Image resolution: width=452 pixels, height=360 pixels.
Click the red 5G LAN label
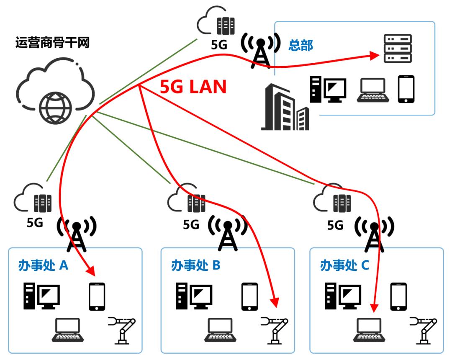click(193, 87)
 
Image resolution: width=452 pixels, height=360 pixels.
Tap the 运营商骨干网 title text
click(52, 43)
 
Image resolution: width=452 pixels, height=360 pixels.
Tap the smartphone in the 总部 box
click(406, 89)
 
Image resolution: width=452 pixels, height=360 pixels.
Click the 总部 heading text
click(300, 46)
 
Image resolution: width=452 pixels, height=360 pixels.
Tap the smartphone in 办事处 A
click(97, 296)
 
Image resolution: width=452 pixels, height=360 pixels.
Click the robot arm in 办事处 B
click(275, 329)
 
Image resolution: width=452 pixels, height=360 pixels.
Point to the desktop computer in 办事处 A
click(41, 296)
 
